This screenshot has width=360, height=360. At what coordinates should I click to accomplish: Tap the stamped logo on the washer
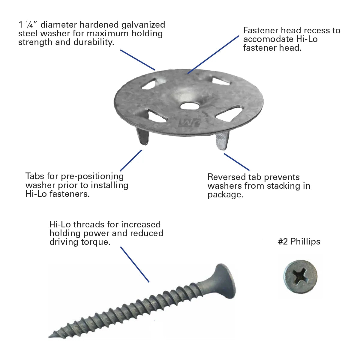tap(189, 123)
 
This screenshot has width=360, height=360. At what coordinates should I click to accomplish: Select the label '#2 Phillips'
tap(299, 241)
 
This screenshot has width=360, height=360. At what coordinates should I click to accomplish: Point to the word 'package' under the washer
tap(225, 195)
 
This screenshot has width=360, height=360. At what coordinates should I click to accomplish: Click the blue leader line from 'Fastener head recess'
tap(213, 54)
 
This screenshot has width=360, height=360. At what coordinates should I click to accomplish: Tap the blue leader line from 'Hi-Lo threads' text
tap(135, 264)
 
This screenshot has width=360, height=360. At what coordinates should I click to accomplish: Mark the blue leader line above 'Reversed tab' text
tap(236, 162)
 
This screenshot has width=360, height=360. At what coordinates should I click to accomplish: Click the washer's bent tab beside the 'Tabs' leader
tap(142, 136)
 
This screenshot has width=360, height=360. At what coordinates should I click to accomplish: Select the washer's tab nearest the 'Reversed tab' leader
tap(222, 140)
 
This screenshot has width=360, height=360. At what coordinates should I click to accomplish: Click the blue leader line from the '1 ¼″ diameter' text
tap(137, 60)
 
